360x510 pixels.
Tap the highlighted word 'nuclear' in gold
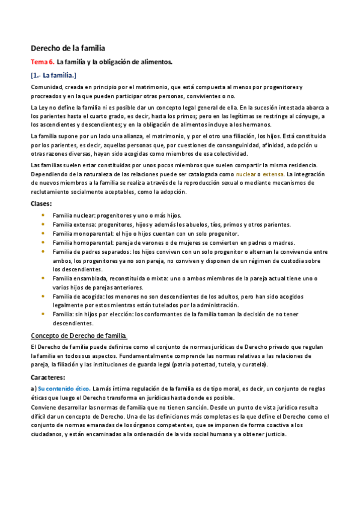(x=246, y=173)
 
